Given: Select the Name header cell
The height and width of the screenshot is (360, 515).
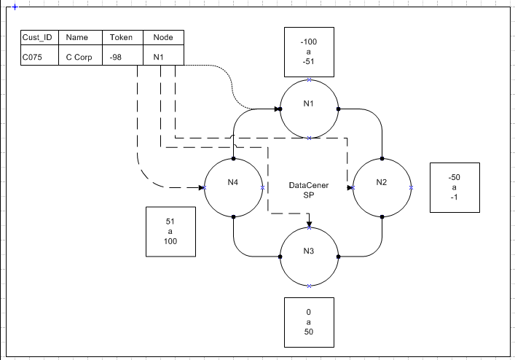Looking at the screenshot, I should click(x=76, y=38).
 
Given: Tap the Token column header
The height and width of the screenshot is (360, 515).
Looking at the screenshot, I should click(x=121, y=38).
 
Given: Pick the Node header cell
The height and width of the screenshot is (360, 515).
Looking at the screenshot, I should click(x=163, y=38).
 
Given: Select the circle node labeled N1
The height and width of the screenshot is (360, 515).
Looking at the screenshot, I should click(x=309, y=109).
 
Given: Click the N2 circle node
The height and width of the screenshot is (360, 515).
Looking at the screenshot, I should click(x=382, y=187).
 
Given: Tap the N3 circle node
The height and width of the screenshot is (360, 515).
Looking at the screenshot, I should click(x=309, y=256).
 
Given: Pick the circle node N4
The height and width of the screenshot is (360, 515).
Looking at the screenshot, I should click(x=233, y=187).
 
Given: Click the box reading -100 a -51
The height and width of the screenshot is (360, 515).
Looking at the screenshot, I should click(x=308, y=52).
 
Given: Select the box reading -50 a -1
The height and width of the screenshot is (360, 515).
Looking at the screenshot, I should click(x=455, y=187).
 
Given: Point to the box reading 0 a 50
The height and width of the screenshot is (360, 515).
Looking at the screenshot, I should click(x=308, y=321).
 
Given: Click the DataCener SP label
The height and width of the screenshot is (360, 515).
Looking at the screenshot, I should click(x=309, y=191).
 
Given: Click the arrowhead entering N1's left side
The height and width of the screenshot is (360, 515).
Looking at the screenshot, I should click(x=278, y=109).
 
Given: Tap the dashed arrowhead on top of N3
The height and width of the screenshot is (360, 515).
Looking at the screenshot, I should click(x=309, y=224).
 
